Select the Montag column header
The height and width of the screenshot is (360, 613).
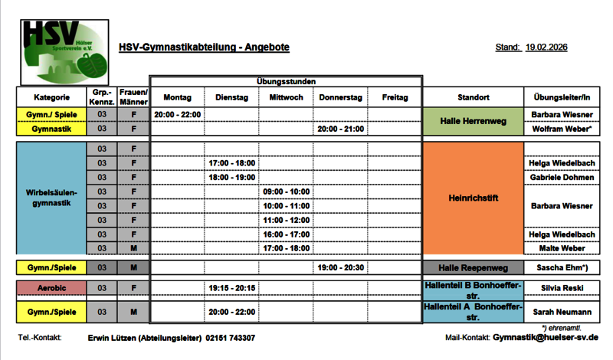pyautogui.click(x=177, y=97)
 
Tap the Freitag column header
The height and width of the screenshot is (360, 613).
pyautogui.click(x=395, y=97)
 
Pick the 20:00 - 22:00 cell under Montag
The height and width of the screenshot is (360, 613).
pyautogui.click(x=177, y=115)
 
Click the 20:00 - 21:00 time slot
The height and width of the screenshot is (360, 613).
pyautogui.click(x=340, y=129)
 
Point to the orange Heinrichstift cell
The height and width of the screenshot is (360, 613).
pyautogui.click(x=473, y=198)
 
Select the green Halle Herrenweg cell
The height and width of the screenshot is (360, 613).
pyautogui.click(x=473, y=122)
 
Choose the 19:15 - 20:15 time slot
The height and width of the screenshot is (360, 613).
pyautogui.click(x=231, y=287)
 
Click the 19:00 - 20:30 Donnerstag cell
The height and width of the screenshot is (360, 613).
pyautogui.click(x=340, y=267)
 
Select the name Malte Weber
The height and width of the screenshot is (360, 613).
pyautogui.click(x=562, y=248)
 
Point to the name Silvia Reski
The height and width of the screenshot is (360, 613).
pyautogui.click(x=562, y=287)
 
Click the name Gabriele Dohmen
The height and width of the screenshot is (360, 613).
pyautogui.click(x=562, y=177)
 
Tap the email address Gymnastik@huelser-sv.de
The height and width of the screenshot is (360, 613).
pyautogui.click(x=546, y=338)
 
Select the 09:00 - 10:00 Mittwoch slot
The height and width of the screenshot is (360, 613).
pyautogui.click(x=286, y=191)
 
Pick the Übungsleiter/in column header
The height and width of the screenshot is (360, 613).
pyautogui.click(x=562, y=97)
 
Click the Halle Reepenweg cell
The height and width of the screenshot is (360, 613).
pyautogui.click(x=473, y=267)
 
